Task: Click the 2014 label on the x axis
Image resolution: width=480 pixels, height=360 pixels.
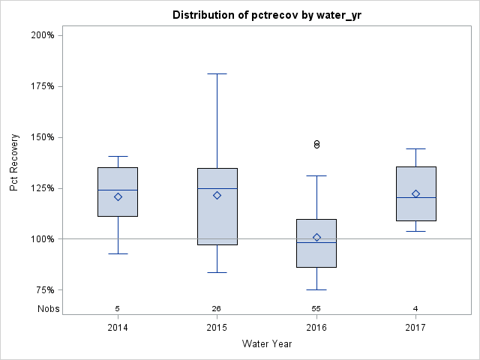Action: (x=118, y=328)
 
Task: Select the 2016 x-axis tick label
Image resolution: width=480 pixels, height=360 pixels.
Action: (x=316, y=328)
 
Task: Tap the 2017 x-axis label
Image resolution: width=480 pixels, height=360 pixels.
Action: (x=415, y=328)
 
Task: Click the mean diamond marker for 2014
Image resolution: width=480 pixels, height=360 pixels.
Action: (x=118, y=197)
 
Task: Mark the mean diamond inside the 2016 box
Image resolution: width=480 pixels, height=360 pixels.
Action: (x=316, y=238)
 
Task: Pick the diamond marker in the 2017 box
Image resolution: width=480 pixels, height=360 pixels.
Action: (x=415, y=194)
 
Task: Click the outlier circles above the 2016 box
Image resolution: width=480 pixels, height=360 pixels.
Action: (x=316, y=144)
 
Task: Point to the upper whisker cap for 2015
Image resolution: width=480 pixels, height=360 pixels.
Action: (x=217, y=74)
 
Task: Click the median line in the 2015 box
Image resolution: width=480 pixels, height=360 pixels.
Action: (x=217, y=188)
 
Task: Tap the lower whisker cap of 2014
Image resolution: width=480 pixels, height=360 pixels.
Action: (x=118, y=254)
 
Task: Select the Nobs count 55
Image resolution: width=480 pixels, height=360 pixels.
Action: (x=316, y=309)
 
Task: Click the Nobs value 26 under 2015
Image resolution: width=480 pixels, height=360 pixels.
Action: (x=217, y=309)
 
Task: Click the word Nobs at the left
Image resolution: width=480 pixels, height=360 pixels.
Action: (x=49, y=309)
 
